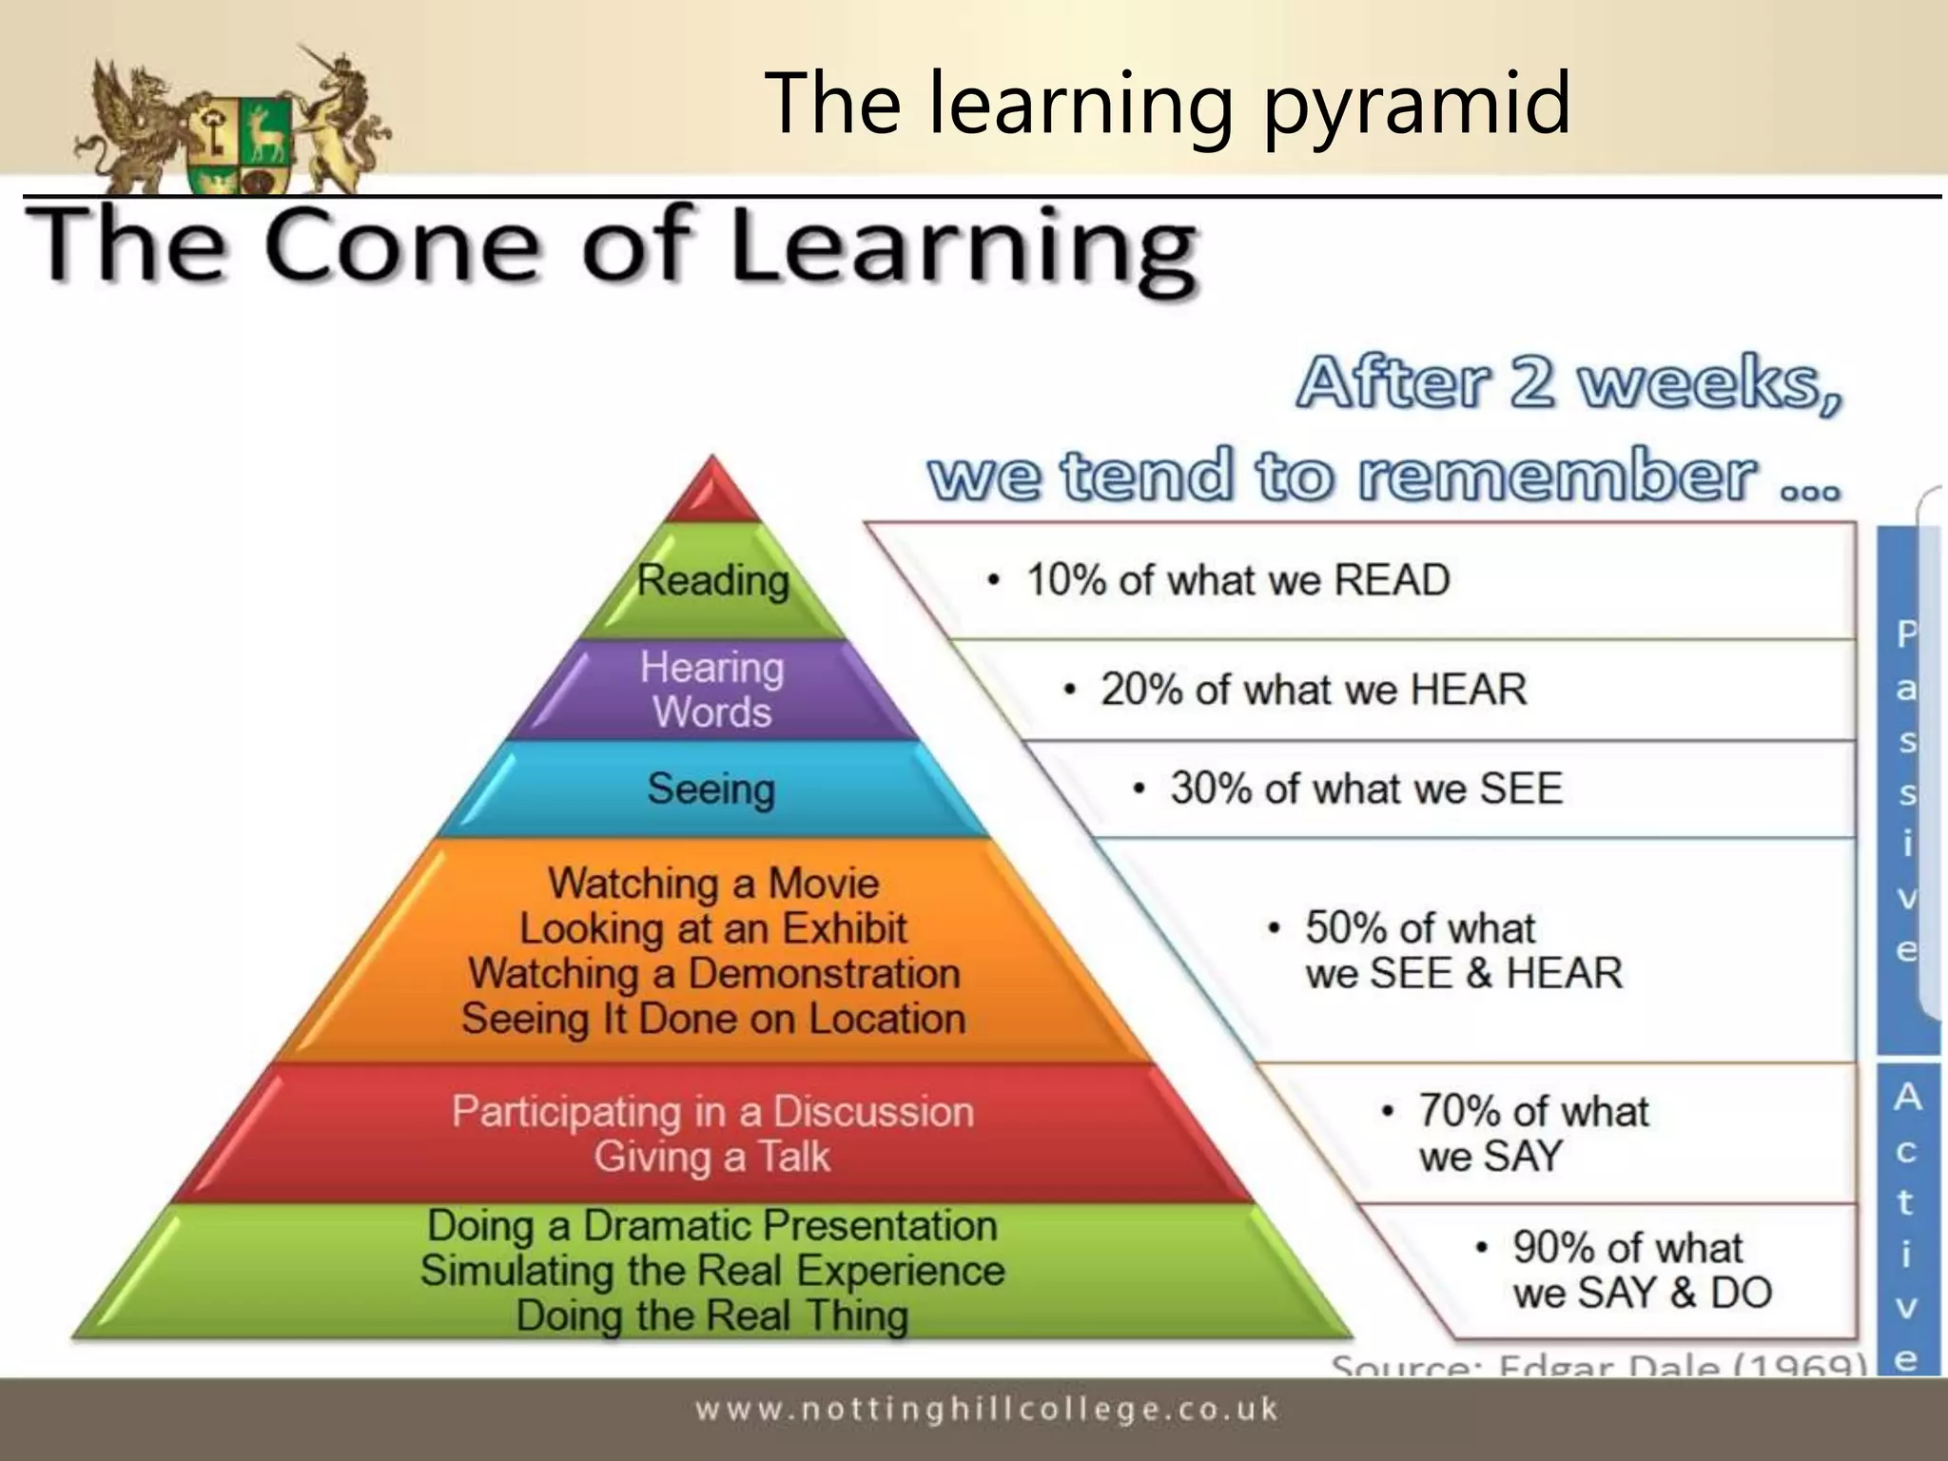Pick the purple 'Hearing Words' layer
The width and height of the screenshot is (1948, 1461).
[x=712, y=690]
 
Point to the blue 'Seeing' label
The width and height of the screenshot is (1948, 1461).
[x=711, y=789]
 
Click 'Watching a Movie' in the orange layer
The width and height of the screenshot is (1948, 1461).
[x=713, y=883]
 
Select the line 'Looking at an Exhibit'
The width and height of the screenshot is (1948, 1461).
[x=713, y=928]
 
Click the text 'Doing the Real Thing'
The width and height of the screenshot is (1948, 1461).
[x=712, y=1316]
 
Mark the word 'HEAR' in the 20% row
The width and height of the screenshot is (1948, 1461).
[x=1469, y=690]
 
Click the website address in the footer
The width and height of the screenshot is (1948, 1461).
[x=986, y=1410]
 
